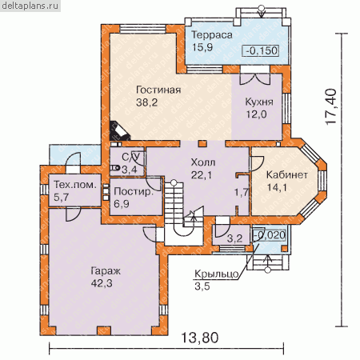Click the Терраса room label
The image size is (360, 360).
click(x=212, y=35)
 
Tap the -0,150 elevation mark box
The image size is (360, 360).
click(x=261, y=50)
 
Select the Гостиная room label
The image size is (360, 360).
click(x=158, y=90)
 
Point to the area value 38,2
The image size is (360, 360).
click(x=146, y=102)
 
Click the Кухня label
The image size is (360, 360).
click(x=259, y=102)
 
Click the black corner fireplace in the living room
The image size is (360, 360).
click(x=118, y=130)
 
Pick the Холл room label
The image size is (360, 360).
click(x=203, y=162)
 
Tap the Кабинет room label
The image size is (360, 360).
click(x=287, y=174)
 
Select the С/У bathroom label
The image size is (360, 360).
click(x=130, y=157)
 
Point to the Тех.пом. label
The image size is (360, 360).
click(x=75, y=185)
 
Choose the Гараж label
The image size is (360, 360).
click(x=106, y=271)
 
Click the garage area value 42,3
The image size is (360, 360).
click(x=102, y=283)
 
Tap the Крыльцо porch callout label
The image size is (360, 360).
click(x=217, y=274)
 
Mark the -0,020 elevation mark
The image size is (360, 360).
click(x=270, y=235)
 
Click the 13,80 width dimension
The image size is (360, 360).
click(x=200, y=338)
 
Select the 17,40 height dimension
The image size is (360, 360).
click(x=331, y=106)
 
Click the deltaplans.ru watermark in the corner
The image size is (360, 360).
click(x=30, y=6)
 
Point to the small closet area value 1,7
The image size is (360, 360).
click(x=242, y=192)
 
